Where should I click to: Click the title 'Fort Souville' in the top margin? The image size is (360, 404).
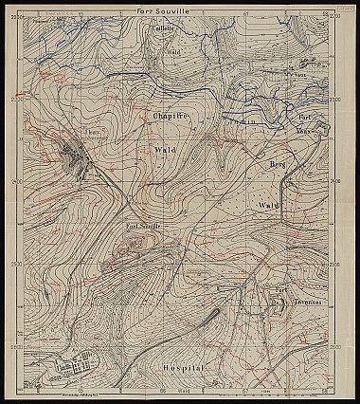(x=181, y=9)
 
